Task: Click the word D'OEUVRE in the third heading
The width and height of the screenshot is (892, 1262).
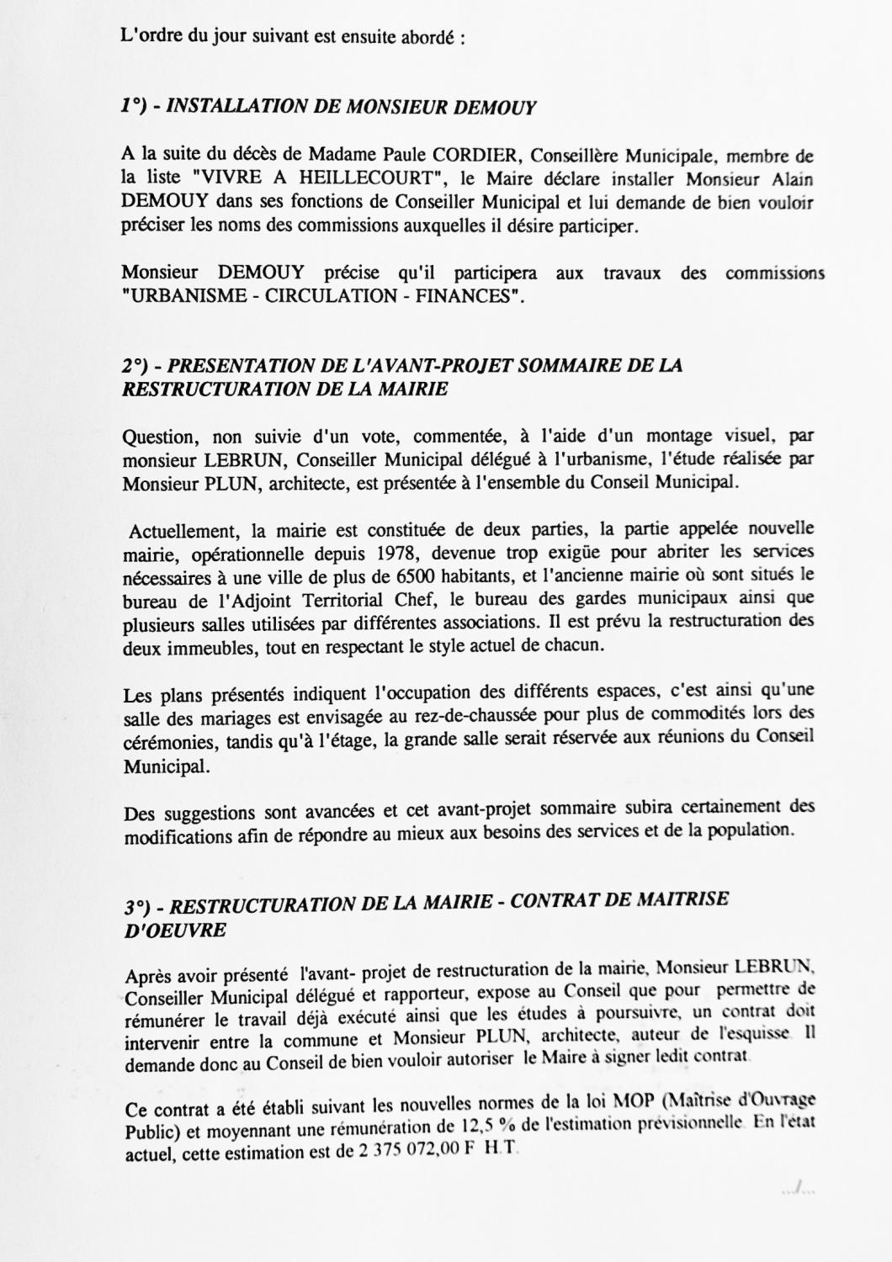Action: pos(175,930)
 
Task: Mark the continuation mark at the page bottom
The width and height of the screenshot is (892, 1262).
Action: pos(795,1190)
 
